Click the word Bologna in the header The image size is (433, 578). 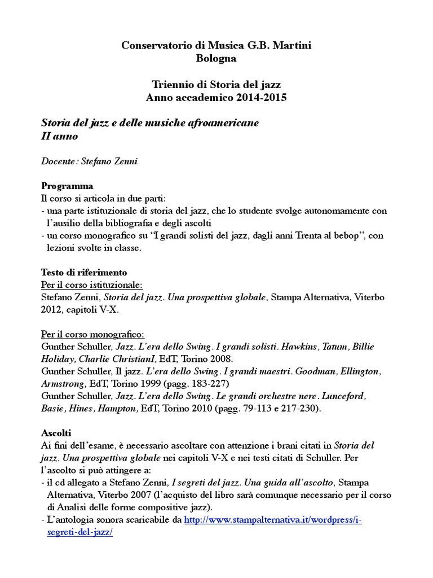[x=216, y=58]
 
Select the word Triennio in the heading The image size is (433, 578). [x=173, y=85]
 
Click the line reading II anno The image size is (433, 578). [x=60, y=136]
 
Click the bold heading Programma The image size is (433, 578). [x=68, y=186]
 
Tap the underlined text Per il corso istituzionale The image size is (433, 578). [x=92, y=284]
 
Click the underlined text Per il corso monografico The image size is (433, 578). [x=93, y=334]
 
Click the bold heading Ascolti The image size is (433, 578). [x=56, y=433]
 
